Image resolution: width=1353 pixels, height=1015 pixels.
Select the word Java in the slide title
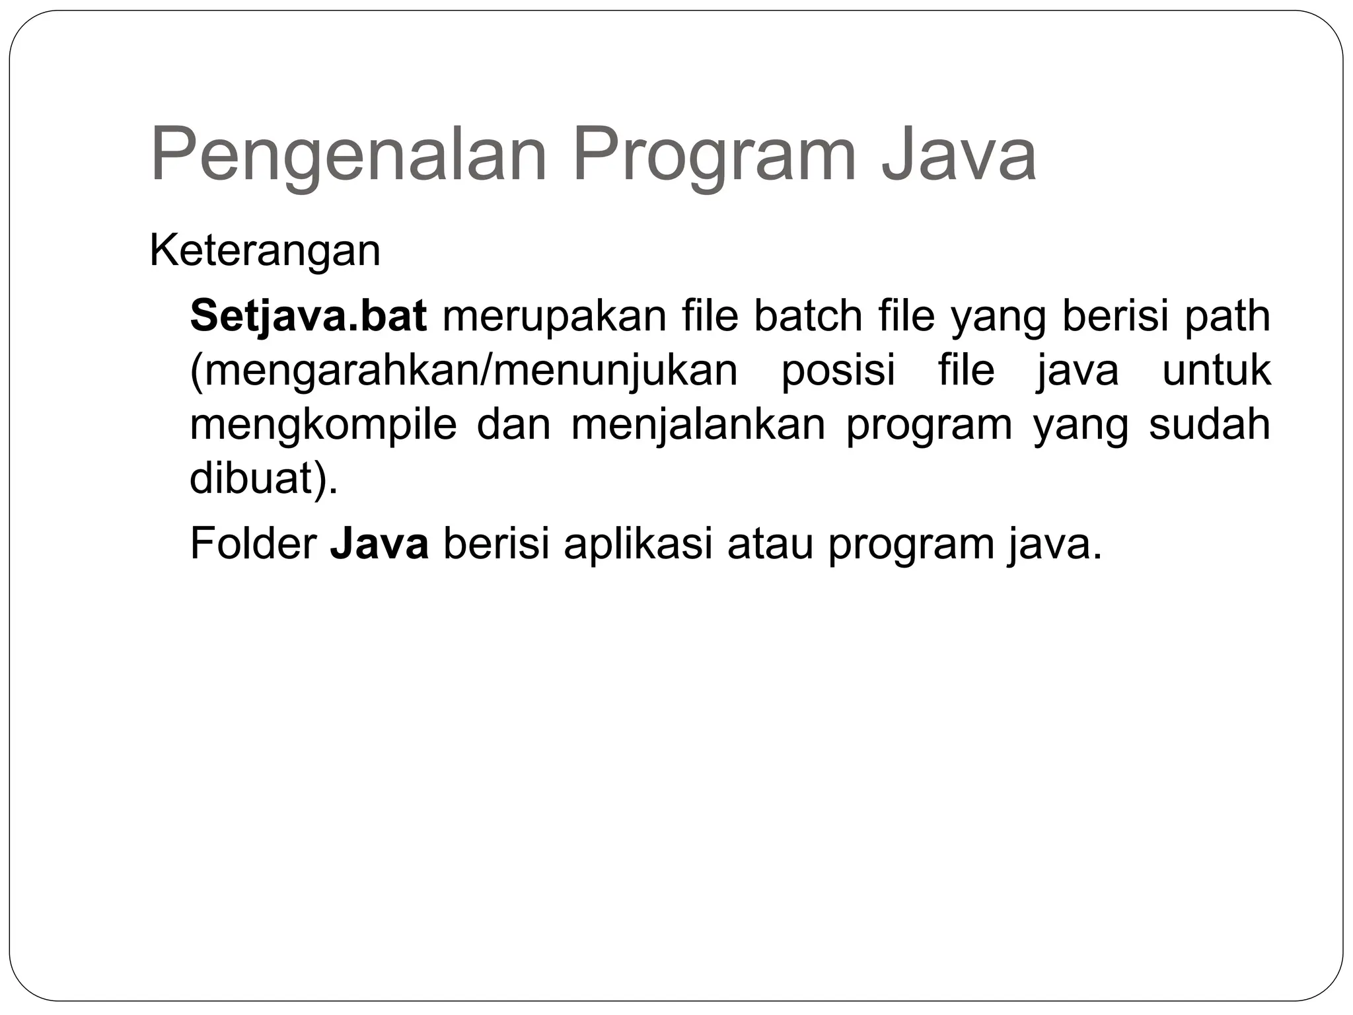[959, 155]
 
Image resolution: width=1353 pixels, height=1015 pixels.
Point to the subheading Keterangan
[265, 252]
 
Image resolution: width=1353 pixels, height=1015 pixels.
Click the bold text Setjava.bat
[309, 317]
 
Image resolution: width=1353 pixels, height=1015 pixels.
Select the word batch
[808, 315]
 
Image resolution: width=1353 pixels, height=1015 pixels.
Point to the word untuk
[1216, 370]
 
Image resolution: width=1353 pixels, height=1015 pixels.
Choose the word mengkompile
[323, 426]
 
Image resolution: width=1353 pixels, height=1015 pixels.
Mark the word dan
[513, 424]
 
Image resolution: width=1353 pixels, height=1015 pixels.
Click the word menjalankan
[698, 426]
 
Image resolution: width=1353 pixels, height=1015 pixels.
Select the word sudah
[1210, 424]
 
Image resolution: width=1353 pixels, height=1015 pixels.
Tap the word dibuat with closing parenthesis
[264, 478]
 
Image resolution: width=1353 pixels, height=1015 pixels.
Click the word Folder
[252, 544]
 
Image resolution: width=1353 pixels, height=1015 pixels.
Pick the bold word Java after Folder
[379, 544]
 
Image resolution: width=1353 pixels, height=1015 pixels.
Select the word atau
[770, 545]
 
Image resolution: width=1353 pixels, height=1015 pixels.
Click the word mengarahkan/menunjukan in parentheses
[464, 371]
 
